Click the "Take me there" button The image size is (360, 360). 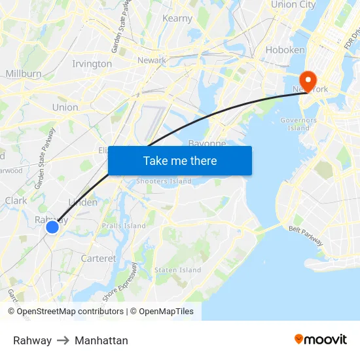tap(179, 160)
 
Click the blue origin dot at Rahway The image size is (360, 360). tap(52, 227)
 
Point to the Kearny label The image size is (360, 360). tap(177, 18)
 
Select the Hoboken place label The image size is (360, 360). tap(285, 50)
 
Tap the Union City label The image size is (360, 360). tap(293, 5)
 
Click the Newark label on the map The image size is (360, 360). tap(151, 61)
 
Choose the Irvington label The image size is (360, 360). tap(92, 64)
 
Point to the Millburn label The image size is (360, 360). tap(24, 74)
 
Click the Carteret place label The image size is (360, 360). tap(98, 259)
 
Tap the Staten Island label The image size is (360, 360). tap(177, 270)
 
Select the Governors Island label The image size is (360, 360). tap(298, 124)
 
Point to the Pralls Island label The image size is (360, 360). tap(124, 226)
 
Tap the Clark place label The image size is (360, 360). tap(16, 200)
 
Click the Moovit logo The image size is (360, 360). tap(321, 339)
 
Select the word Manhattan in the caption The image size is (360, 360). tap(101, 340)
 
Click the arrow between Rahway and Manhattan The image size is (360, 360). tap(63, 340)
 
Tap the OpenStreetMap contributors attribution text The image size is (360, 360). tap(70, 312)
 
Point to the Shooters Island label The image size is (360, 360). tap(163, 181)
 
